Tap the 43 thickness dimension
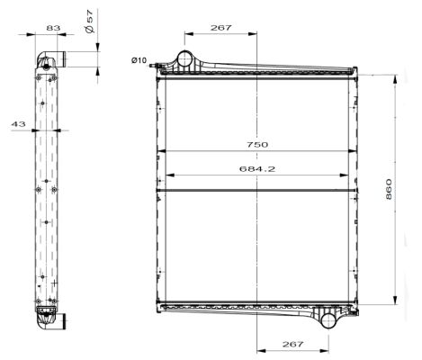pyautogui.click(x=18, y=124)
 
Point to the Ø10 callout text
pyautogui.click(x=139, y=60)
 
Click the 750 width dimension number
pyautogui.click(x=256, y=144)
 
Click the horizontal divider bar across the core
pyautogui.click(x=256, y=190)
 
